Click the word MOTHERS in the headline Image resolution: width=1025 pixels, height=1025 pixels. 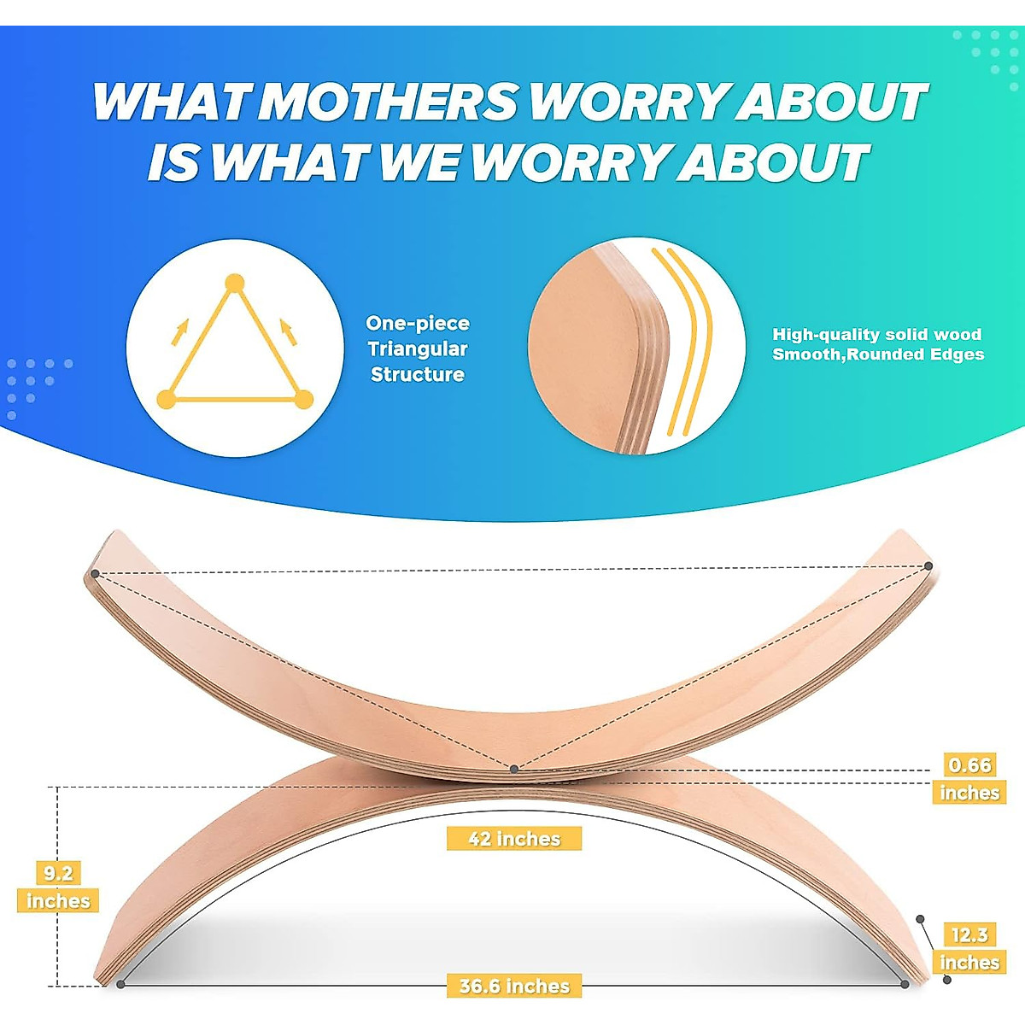click(x=389, y=102)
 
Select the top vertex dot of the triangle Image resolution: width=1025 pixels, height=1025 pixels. click(x=234, y=284)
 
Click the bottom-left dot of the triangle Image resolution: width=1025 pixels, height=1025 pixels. click(x=167, y=399)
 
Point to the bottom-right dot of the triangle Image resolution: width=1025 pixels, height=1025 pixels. click(x=303, y=399)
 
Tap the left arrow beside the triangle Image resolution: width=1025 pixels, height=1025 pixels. click(x=179, y=331)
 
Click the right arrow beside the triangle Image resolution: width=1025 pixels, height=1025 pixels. click(x=289, y=331)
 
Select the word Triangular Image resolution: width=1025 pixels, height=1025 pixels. click(x=418, y=348)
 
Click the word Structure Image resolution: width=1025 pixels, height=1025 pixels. click(x=418, y=374)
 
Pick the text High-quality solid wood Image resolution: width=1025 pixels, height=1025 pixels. click(x=877, y=335)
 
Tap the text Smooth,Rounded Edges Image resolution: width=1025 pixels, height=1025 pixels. click(x=878, y=354)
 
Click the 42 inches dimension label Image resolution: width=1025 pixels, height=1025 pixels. click(x=514, y=839)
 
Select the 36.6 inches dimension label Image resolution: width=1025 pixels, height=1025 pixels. click(x=514, y=987)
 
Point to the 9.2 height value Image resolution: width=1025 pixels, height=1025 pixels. click(x=58, y=873)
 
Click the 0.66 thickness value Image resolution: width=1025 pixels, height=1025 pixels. click(x=969, y=764)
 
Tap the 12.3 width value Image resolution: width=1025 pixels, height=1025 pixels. click(x=969, y=934)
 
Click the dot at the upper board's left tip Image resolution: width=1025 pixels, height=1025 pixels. click(x=95, y=573)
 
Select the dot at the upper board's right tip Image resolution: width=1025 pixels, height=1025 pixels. click(x=928, y=565)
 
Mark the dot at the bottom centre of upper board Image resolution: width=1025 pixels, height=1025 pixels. click(x=513, y=769)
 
